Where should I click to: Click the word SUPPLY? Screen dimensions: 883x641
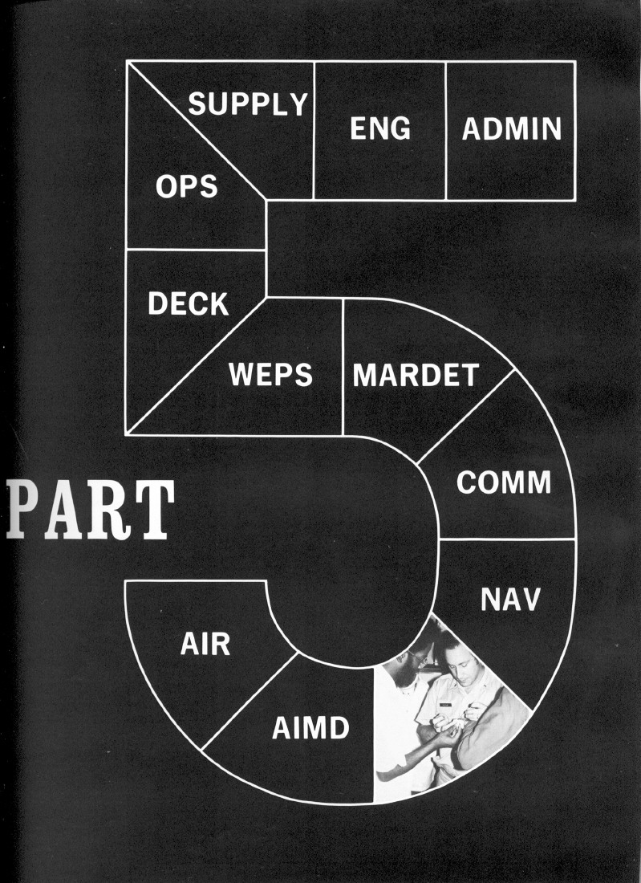click(248, 104)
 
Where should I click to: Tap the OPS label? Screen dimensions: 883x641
click(186, 186)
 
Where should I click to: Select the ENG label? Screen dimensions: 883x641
click(380, 128)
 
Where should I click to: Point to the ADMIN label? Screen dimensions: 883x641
click(511, 128)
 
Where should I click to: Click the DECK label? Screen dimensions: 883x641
click(188, 303)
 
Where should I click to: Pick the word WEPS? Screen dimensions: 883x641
click(270, 375)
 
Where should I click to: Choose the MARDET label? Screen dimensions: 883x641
click(416, 375)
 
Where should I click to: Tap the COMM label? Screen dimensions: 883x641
click(504, 482)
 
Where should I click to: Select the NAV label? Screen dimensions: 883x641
click(511, 599)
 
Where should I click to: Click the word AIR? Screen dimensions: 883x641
click(205, 644)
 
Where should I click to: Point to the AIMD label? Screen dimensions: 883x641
click(310, 729)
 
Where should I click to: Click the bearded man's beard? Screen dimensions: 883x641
click(409, 678)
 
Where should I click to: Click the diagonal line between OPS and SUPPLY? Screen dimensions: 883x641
click(197, 130)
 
